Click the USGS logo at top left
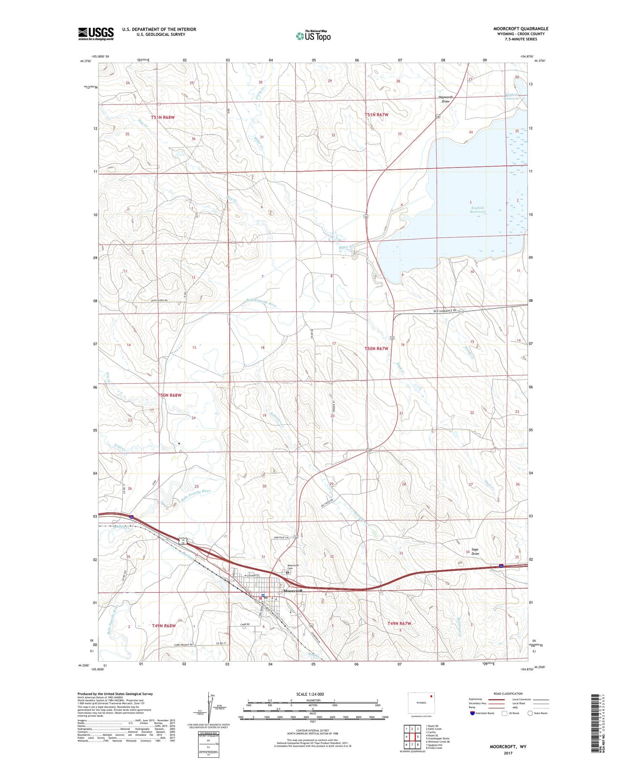(x=96, y=34)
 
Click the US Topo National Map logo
(x=313, y=36)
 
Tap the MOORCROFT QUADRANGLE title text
(x=521, y=29)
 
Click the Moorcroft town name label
(x=293, y=591)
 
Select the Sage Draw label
(x=475, y=551)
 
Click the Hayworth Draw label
(x=445, y=99)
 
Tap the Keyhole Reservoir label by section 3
(x=478, y=210)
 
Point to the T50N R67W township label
(x=376, y=348)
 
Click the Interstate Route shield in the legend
(x=473, y=713)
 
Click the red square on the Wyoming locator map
(x=431, y=695)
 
